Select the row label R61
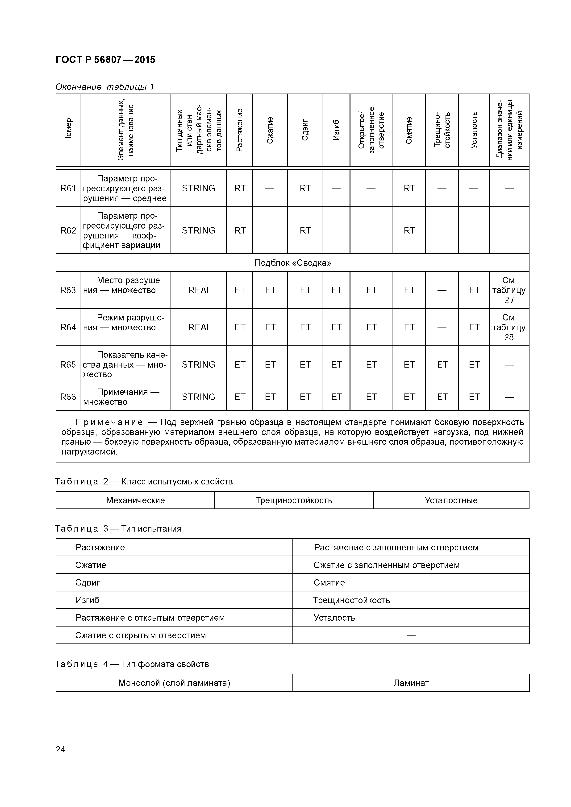point(68,188)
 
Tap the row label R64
point(68,327)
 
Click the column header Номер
point(68,130)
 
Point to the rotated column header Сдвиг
point(305,130)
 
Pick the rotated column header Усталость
point(474,130)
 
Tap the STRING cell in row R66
point(198,397)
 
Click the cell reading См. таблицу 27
point(509,290)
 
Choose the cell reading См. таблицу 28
point(509,327)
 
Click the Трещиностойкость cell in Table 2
point(294,500)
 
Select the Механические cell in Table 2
point(135,500)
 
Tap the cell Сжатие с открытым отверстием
point(140,635)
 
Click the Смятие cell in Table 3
point(329,582)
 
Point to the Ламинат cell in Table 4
point(411,683)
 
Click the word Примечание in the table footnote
point(109,422)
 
